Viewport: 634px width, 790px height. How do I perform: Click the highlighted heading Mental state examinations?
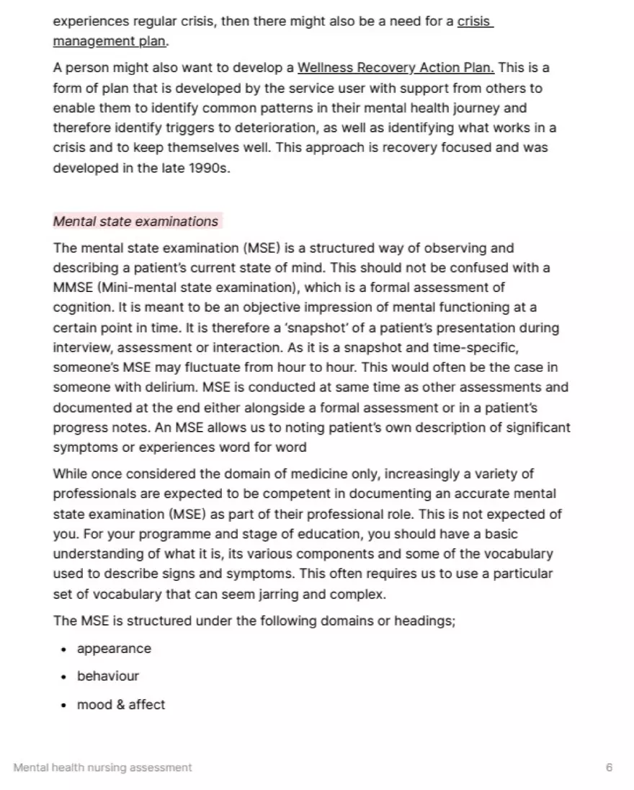(x=135, y=221)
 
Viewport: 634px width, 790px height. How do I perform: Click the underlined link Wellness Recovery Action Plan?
(x=396, y=68)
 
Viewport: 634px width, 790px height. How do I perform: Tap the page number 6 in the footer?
(x=609, y=768)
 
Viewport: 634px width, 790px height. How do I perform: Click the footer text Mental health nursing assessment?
(x=102, y=768)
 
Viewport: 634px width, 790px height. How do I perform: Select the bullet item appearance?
(x=114, y=649)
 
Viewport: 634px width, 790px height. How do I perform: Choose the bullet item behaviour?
(x=108, y=676)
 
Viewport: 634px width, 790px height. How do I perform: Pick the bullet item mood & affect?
(x=121, y=704)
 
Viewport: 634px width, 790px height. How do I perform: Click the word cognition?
(x=81, y=308)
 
